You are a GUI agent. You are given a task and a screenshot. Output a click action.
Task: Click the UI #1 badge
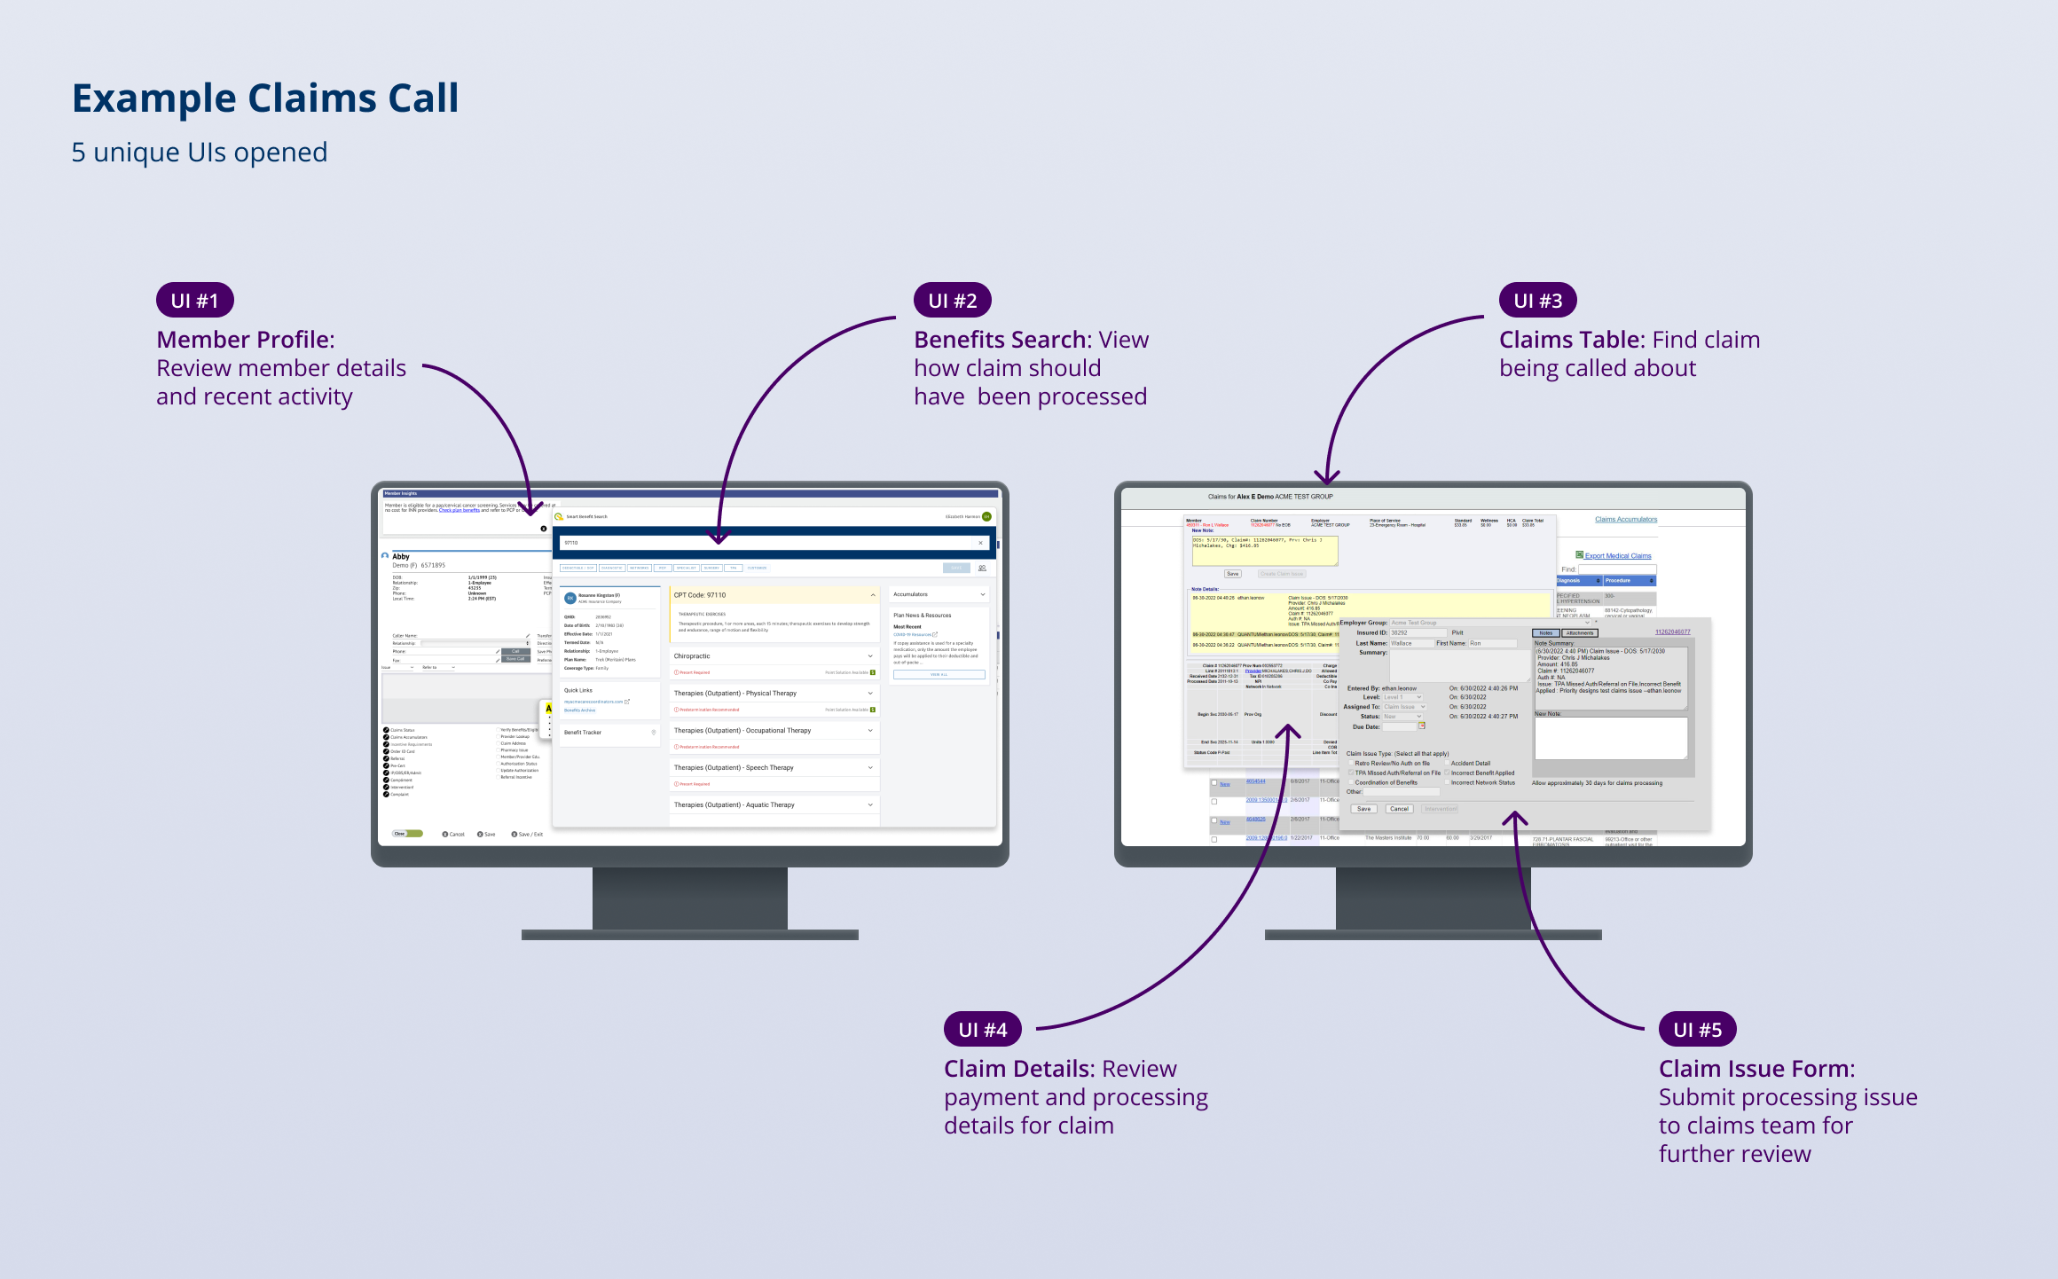tap(194, 301)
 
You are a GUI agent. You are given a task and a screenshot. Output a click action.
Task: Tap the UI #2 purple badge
tap(952, 301)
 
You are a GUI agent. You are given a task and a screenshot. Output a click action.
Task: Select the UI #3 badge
tap(1537, 301)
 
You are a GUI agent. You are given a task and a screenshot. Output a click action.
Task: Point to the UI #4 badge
tap(982, 1030)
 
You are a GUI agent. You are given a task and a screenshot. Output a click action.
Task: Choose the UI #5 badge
tap(1697, 1030)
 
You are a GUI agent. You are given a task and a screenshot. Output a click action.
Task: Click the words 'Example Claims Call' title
tap(265, 98)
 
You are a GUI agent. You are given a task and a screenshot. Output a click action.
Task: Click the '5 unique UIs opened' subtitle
tap(200, 153)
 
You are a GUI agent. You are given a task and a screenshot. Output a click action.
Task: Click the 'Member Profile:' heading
tap(246, 340)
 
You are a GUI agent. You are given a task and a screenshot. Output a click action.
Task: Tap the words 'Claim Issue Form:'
tap(1756, 1069)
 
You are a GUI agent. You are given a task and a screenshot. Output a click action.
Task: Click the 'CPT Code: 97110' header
tap(700, 595)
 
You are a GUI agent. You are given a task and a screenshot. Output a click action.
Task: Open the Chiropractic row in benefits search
tap(773, 656)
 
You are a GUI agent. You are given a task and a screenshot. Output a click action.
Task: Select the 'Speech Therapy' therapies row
tap(773, 768)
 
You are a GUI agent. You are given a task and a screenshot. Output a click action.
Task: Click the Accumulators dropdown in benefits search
tap(939, 594)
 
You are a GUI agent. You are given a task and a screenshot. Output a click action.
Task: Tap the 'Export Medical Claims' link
tap(1618, 556)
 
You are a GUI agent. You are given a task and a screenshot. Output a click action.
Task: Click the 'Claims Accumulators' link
tap(1625, 520)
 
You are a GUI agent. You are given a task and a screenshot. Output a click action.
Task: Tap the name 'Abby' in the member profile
tap(401, 557)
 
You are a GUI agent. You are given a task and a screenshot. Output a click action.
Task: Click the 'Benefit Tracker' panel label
tap(583, 733)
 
